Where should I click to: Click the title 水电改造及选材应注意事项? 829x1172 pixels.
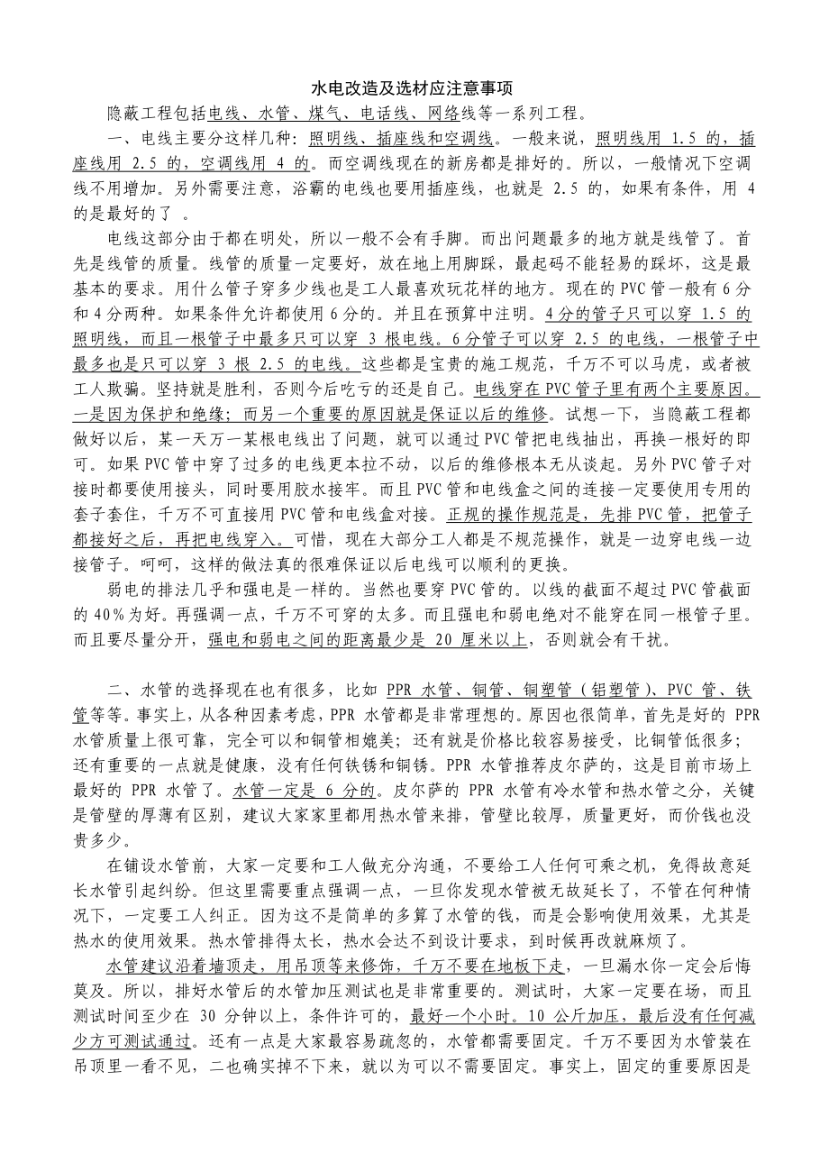click(x=413, y=88)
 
